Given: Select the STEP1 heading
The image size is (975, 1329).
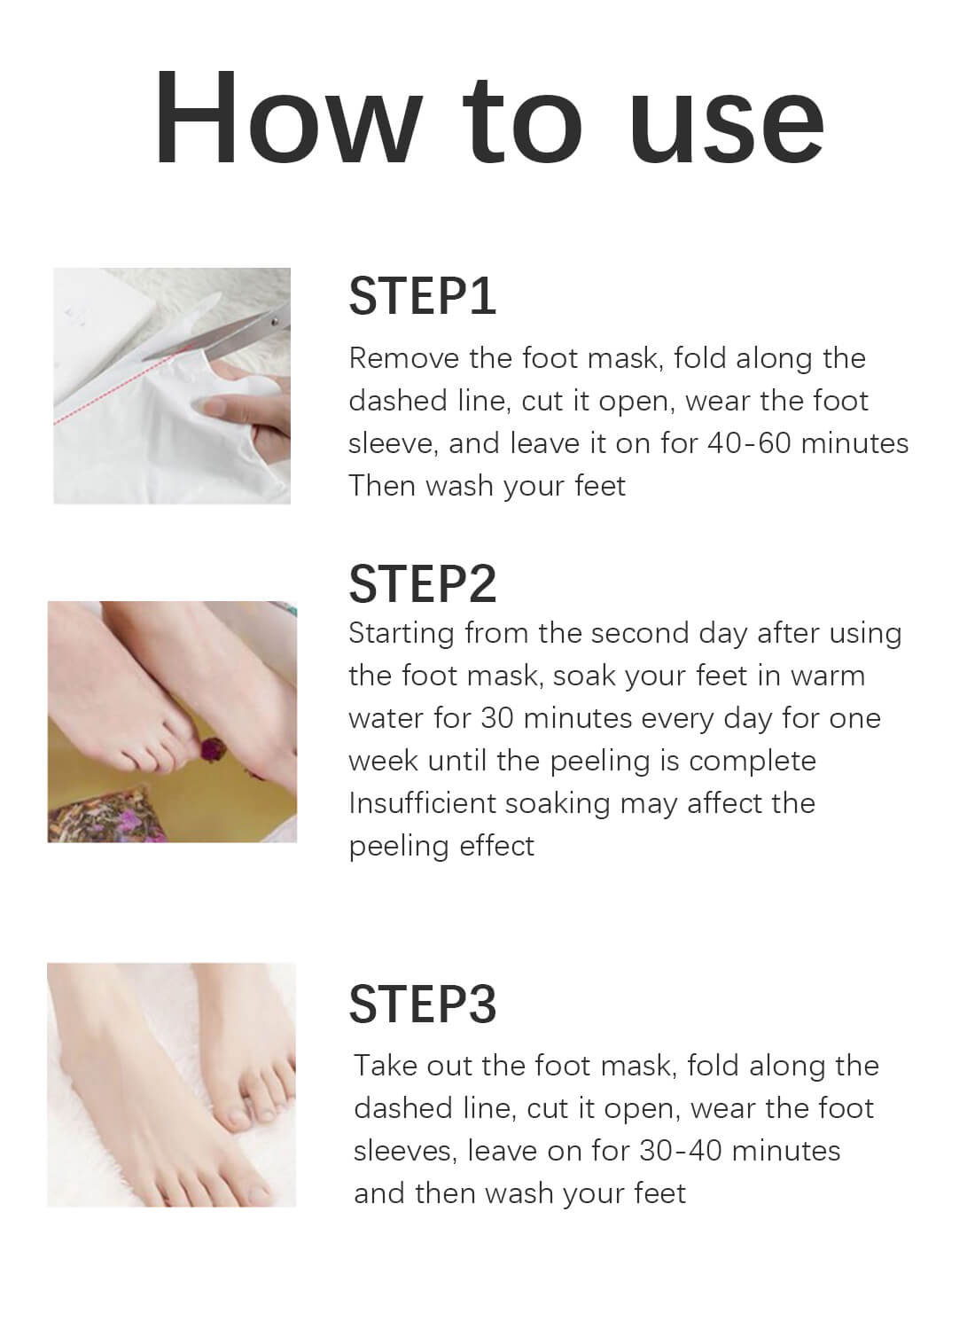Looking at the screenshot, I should coord(422,296).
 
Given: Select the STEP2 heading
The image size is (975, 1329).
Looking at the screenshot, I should coord(422,582).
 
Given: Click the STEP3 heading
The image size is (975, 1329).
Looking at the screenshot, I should coord(422,1004).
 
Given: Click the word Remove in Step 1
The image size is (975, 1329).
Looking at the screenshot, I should coord(404,358).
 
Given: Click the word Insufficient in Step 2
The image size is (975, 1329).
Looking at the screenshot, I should coord(422,803).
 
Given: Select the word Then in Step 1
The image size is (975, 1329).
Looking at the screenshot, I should coord(382,486).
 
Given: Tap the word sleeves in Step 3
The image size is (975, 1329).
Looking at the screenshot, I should coord(405,1151).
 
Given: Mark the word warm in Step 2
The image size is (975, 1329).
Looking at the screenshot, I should coord(827,676).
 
